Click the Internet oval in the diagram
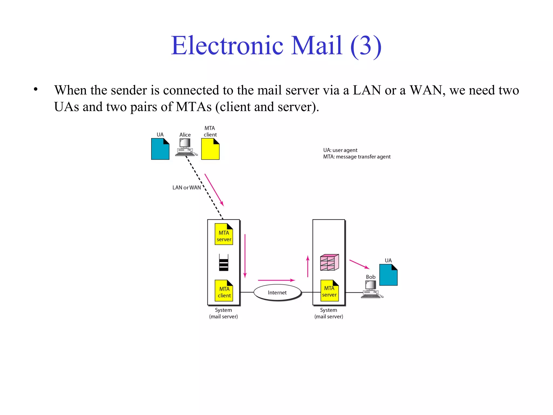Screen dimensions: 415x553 277,292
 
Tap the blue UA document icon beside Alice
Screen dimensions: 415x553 160,149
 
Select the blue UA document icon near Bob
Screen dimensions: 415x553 388,275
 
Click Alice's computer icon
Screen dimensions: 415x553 186,148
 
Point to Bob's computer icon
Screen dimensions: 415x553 371,290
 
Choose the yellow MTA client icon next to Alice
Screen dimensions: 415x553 210,149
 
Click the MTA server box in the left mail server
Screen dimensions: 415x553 224,234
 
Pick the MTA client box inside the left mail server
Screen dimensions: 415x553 224,291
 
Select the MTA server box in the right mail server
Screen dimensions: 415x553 329,291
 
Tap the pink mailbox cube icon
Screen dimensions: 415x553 329,262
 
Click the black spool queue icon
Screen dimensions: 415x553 224,263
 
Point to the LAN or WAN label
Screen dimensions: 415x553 187,188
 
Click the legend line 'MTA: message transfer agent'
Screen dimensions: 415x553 357,157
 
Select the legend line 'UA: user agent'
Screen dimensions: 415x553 340,150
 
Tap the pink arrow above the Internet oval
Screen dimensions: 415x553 276,280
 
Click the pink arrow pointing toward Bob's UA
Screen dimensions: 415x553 359,264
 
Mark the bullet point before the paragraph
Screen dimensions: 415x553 36,89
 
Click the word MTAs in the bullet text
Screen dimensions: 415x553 194,107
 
